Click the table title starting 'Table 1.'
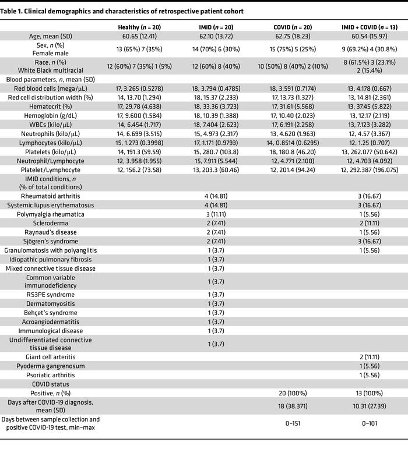click(x=122, y=12)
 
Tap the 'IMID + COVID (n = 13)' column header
click(x=370, y=27)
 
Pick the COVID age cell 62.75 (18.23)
click(x=290, y=36)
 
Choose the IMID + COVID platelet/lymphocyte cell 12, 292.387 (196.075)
click(x=370, y=169)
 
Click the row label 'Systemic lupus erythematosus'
click(x=50, y=205)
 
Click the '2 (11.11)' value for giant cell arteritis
click(x=370, y=356)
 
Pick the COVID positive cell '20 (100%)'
click(x=290, y=393)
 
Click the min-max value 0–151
click(x=290, y=423)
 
